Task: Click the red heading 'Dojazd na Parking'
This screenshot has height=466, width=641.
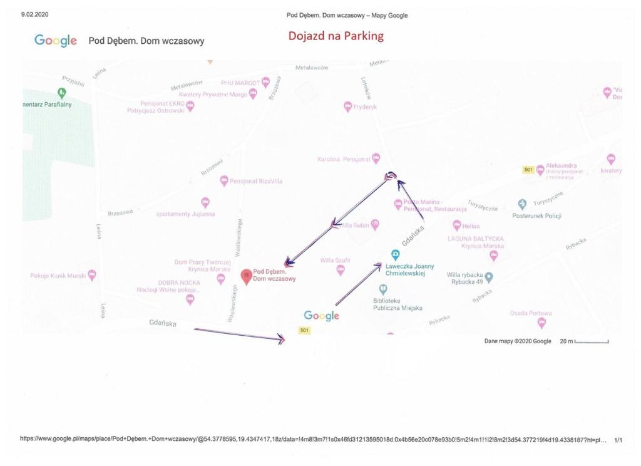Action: pos(336,36)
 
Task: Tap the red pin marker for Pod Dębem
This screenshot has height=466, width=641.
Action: pos(247,275)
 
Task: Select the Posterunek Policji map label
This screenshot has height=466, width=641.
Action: pos(536,216)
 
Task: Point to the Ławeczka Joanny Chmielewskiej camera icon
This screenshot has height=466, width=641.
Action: pos(395,254)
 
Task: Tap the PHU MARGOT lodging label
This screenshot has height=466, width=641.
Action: pos(241,83)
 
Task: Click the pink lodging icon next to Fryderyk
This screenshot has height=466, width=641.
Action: pos(348,107)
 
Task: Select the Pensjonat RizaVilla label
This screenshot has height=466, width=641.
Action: pos(255,181)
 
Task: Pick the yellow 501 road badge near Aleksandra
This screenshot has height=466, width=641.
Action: pos(528,170)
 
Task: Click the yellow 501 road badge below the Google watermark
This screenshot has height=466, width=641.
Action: pos(305,330)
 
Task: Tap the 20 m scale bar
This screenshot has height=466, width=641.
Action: pos(592,341)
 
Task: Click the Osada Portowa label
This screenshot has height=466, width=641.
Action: pos(530,313)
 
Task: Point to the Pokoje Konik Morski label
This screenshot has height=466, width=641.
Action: pos(58,276)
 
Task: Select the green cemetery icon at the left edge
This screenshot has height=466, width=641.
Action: pos(61,93)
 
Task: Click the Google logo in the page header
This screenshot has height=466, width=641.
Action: pos(56,41)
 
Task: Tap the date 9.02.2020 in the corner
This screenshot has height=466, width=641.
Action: pos(34,14)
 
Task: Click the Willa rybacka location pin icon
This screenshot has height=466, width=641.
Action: pos(489,277)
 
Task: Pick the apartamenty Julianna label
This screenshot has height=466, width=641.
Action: pos(185,214)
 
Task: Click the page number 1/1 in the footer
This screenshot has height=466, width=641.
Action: pos(618,440)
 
